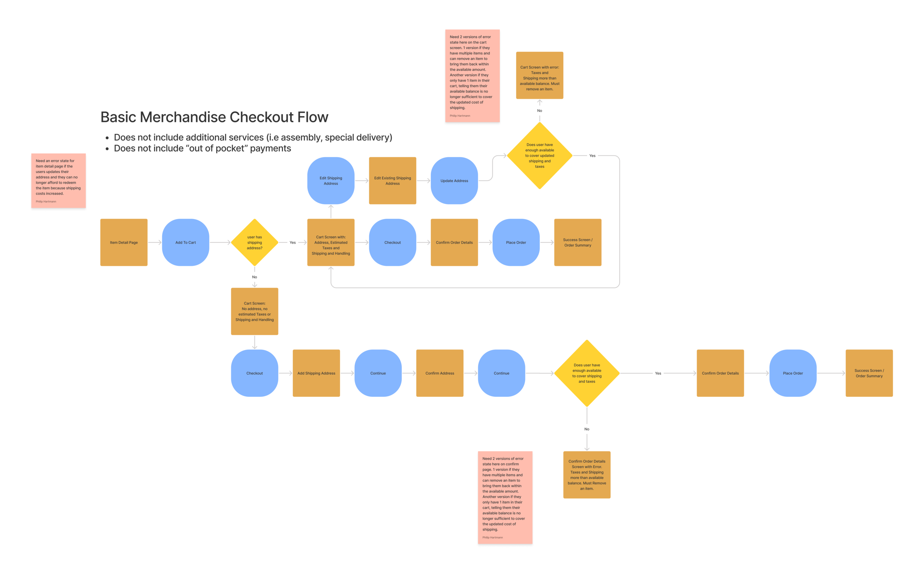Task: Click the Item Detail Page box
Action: [124, 242]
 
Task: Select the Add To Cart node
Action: [186, 242]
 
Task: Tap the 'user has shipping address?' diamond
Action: [254, 242]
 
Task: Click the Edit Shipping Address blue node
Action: [331, 181]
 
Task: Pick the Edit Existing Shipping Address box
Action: [392, 181]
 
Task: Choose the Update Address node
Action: [454, 181]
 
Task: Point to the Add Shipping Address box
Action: [316, 373]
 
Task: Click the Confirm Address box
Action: [440, 373]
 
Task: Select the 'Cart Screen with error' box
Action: [539, 75]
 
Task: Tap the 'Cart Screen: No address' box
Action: [254, 311]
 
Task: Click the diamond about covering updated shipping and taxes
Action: [539, 155]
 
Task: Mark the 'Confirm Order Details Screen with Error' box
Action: [586, 475]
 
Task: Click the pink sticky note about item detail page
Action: [58, 181]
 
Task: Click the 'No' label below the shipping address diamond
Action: [254, 277]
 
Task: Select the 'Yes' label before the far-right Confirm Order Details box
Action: [658, 373]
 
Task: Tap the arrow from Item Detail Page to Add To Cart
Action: [155, 242]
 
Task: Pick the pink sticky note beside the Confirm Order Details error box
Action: [505, 497]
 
